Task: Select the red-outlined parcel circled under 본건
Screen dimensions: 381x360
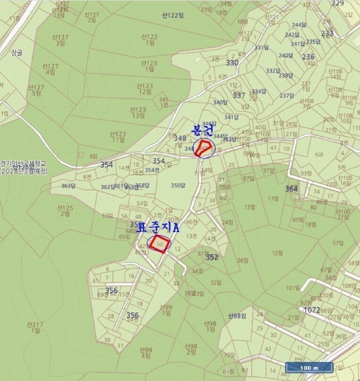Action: pyautogui.click(x=204, y=149)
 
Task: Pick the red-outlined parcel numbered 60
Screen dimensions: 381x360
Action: pyautogui.click(x=159, y=244)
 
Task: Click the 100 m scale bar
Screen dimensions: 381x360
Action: pyautogui.click(x=307, y=368)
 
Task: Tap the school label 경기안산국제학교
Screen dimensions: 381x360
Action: pyautogui.click(x=24, y=166)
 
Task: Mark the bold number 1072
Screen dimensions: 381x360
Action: pyautogui.click(x=312, y=310)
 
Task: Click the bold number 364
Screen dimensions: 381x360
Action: pyautogui.click(x=291, y=189)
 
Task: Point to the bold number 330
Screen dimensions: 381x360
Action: pyautogui.click(x=232, y=62)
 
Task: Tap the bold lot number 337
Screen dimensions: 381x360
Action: pyautogui.click(x=239, y=95)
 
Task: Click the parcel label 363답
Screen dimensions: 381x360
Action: pyautogui.click(x=68, y=186)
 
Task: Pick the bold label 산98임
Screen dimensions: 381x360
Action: pyautogui.click(x=236, y=316)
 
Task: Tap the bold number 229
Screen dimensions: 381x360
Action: pyautogui.click(x=338, y=3)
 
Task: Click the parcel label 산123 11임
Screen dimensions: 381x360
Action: pyautogui.click(x=117, y=137)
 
